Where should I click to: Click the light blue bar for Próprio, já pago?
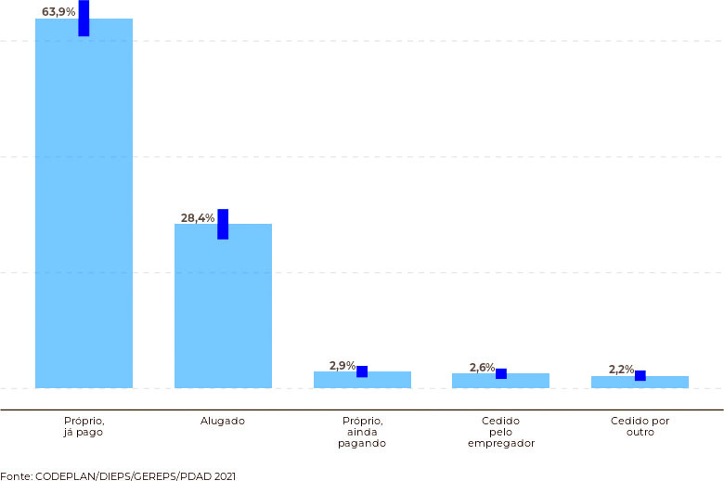(84, 203)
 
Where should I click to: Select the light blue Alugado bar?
(223, 305)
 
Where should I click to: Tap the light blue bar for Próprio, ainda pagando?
(362, 380)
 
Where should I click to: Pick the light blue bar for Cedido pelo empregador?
(500, 381)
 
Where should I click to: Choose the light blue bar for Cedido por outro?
(640, 383)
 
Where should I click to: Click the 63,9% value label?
(58, 11)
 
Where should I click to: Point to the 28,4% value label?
(198, 217)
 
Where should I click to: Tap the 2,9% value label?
(343, 366)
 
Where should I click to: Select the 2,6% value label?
(482, 368)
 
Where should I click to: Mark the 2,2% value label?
(622, 370)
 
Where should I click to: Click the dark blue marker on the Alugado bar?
(223, 224)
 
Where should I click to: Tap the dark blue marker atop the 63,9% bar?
(84, 18)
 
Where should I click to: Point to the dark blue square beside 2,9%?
(362, 371)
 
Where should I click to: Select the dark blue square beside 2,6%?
(501, 374)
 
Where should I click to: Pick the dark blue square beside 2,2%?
(640, 376)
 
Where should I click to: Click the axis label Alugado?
(223, 422)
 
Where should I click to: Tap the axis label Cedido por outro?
(640, 426)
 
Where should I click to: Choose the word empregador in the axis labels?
(501, 444)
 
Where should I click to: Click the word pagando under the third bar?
(362, 444)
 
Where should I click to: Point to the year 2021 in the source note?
(225, 476)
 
